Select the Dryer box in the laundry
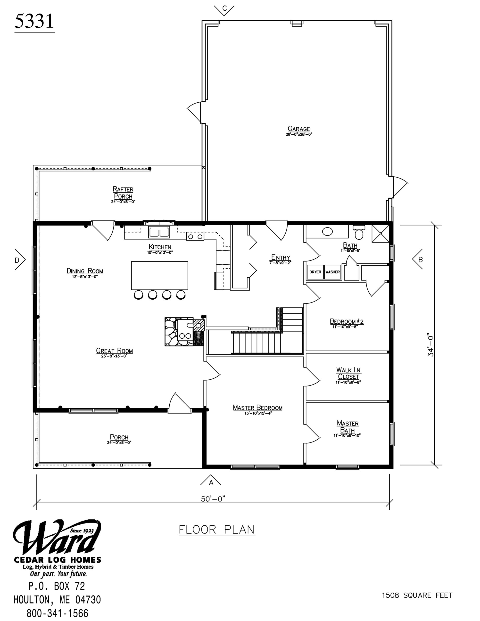pos(315,272)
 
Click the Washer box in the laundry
pos(333,272)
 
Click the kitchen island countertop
pos(159,275)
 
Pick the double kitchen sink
pos(159,232)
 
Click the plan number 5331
pos(34,21)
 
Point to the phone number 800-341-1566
pos(58,613)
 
